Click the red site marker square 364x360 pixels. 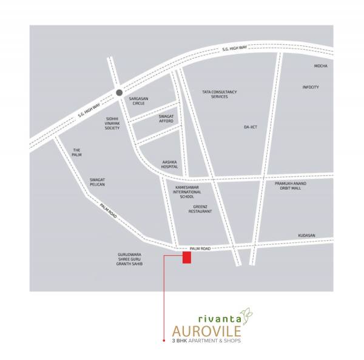[x=187, y=258]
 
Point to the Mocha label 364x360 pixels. [x=320, y=65]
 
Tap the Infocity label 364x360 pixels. [x=311, y=87]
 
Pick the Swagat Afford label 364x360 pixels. [x=166, y=118]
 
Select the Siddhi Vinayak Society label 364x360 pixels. [x=112, y=124]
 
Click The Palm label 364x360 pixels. [x=77, y=152]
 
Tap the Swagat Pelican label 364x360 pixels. [x=98, y=182]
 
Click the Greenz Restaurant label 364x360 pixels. [x=200, y=209]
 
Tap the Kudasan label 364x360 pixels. [x=307, y=235]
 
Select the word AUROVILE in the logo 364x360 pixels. [x=206, y=331]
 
